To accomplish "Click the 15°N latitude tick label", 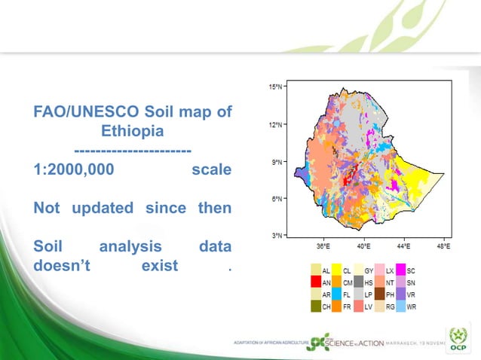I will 276,87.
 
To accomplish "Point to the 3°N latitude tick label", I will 276,236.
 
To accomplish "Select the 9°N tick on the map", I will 276,162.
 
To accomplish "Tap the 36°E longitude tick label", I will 322,246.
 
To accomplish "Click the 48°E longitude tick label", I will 443,246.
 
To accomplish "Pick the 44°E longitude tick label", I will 403,246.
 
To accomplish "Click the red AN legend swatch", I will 315,282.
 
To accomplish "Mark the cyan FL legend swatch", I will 336,294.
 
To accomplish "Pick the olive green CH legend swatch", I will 315,307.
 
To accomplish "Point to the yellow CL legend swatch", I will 336,270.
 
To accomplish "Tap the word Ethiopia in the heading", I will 133,131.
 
